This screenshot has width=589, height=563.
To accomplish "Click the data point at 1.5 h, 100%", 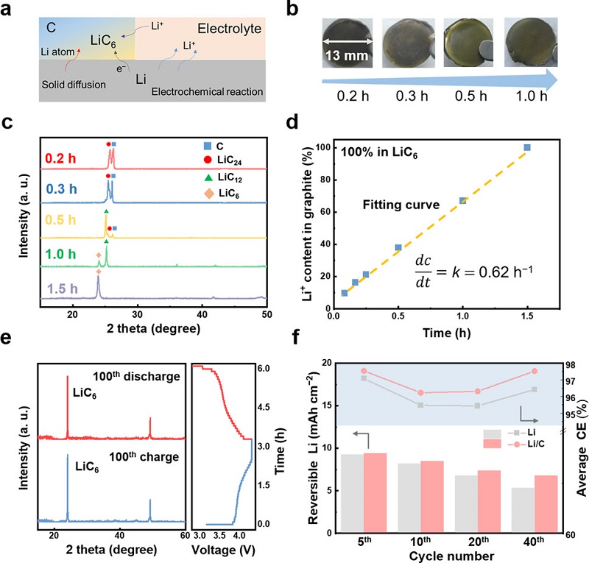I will (527, 147).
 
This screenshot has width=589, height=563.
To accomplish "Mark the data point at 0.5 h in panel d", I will (398, 248).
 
